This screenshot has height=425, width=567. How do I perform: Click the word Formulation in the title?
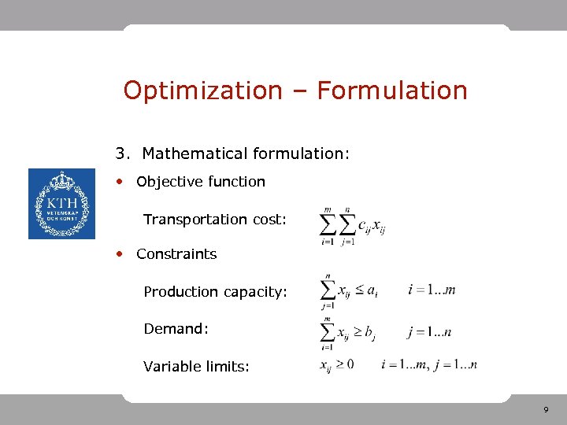pos(392,91)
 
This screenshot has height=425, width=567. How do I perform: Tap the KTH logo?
pos(61,204)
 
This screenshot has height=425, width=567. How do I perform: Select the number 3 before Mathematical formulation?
pos(120,153)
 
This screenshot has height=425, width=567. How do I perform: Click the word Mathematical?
pos(194,153)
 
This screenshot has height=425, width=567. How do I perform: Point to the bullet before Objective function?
pos(120,181)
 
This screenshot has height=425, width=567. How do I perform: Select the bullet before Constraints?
pos(120,253)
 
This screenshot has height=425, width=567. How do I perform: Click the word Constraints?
pos(176,254)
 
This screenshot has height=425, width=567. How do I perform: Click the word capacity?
pos(255,293)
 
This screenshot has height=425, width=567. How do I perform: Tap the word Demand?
pos(176,329)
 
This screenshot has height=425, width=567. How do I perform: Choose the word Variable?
pos(171,366)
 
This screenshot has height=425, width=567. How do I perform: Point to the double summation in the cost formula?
pos(338,226)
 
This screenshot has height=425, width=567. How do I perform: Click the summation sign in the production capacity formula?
pos(328,290)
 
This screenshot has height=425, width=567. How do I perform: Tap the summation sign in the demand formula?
pos(328,331)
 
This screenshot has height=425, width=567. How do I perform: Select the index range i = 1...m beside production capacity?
pos(432,290)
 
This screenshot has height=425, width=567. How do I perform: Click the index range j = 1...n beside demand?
pos(430,332)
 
